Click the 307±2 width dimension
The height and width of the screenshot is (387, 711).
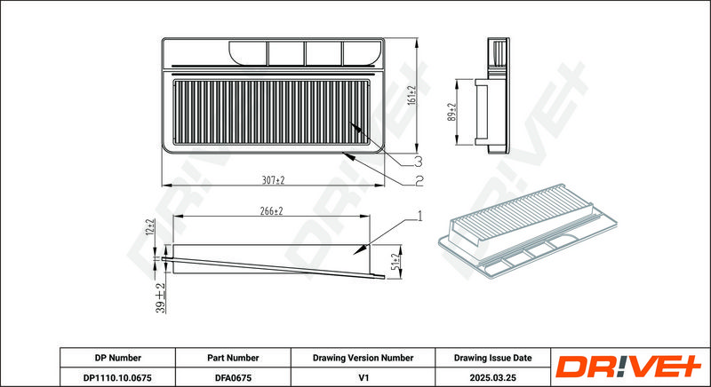point(273,180)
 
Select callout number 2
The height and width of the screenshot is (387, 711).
point(418,182)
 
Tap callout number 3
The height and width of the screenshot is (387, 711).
point(418,162)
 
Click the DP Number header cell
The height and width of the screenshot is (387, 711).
point(117,358)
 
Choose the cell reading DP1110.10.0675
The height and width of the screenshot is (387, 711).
point(117,376)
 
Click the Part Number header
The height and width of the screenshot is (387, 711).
point(233,358)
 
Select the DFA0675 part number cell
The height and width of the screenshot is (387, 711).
point(233,376)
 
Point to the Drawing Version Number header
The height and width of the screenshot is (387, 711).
point(362,358)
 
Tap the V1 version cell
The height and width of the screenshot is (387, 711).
point(362,376)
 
